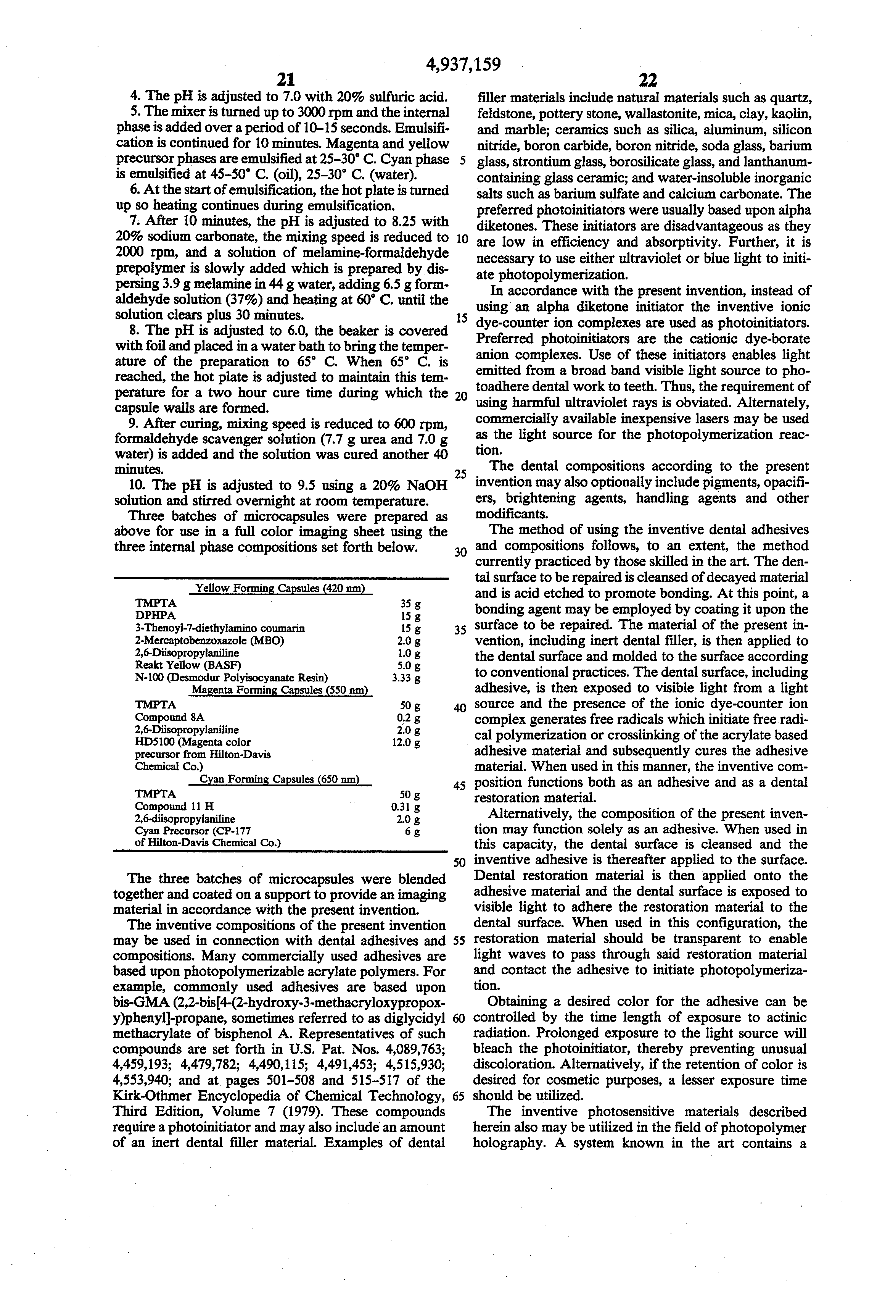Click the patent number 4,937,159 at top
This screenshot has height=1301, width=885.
tap(463, 65)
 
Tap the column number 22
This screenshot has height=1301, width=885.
tap(647, 80)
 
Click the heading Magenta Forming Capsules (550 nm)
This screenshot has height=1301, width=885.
tap(280, 691)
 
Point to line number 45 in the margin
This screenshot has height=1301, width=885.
tap(460, 786)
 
